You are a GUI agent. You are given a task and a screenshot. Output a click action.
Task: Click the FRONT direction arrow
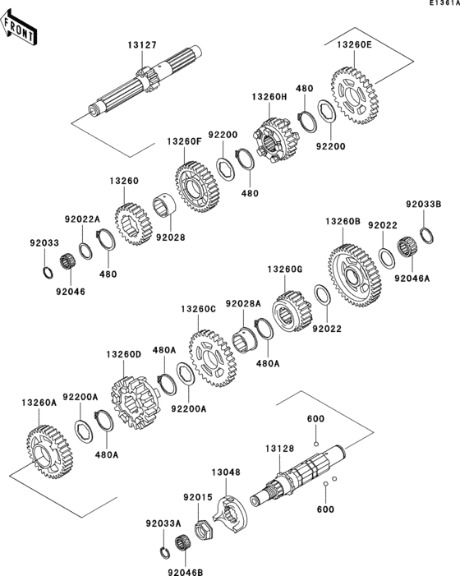tap(21, 31)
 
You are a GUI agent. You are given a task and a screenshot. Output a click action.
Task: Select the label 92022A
tap(82, 219)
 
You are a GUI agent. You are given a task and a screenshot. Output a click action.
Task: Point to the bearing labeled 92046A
tap(405, 249)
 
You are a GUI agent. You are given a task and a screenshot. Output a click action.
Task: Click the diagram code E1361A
tap(441, 5)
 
